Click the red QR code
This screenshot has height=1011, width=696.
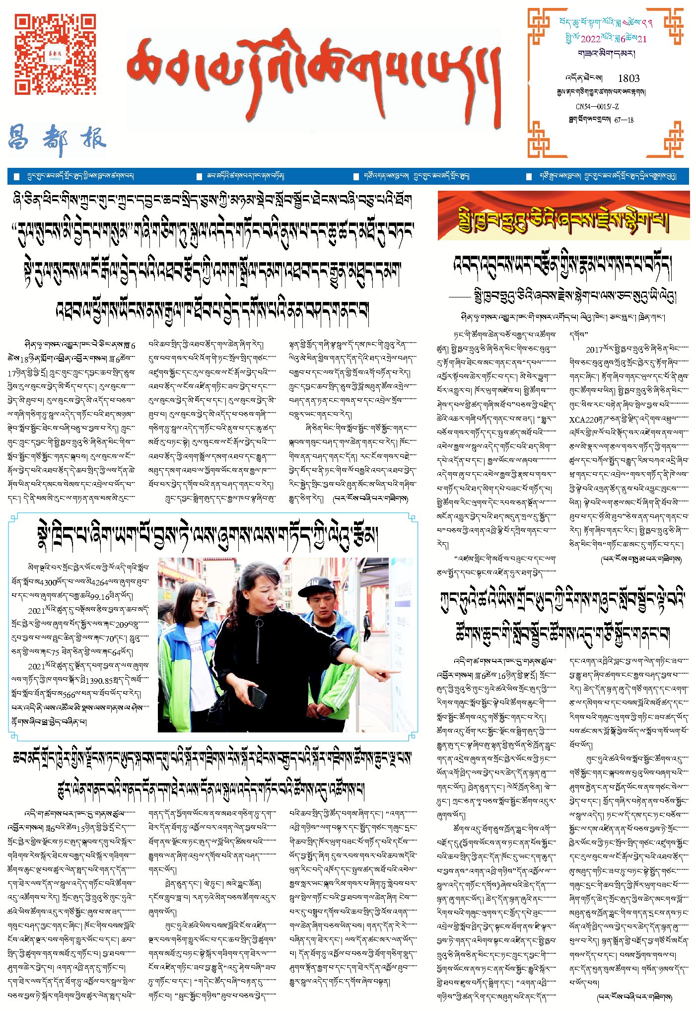(55, 54)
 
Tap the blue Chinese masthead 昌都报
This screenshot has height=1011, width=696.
(57, 139)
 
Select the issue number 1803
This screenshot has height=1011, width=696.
(628, 78)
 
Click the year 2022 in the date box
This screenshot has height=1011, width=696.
(590, 39)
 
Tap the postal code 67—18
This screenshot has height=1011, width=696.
(624, 120)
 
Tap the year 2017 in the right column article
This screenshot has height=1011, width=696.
(594, 350)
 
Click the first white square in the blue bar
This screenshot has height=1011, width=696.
(17, 177)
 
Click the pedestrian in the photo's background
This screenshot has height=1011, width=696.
(366, 626)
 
